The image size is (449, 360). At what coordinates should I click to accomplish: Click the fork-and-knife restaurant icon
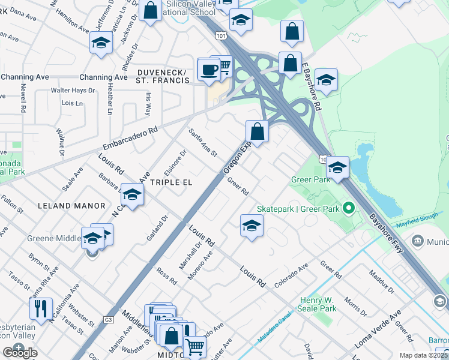pos(41,308)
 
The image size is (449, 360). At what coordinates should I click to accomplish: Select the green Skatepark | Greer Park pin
pos(348,209)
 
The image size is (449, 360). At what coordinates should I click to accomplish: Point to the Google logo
pos(20,352)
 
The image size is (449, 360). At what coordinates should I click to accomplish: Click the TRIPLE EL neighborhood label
pos(171,182)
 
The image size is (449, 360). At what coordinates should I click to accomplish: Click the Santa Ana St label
pos(202,143)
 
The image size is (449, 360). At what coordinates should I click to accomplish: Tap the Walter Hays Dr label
pos(73,91)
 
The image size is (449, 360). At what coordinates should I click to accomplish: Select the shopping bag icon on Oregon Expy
pos(257,131)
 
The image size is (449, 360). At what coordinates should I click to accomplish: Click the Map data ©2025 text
pos(424,355)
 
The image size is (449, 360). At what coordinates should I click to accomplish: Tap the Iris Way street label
pos(148,104)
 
